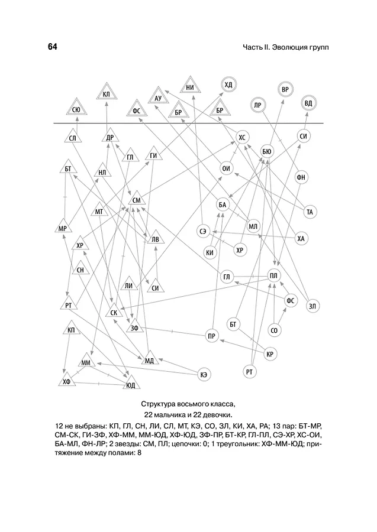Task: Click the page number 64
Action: pos(52,47)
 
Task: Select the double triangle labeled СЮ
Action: pos(77,108)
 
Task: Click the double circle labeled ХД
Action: pos(228,85)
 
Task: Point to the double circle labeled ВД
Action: pos(308,103)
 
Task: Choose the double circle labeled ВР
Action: pos(285,90)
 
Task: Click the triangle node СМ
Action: pos(136,199)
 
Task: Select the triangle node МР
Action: pos(63,226)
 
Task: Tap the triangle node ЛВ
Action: pos(155,238)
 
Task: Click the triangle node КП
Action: pos(71,329)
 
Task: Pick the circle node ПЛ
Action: pos(274,275)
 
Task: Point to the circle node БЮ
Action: pos(267,151)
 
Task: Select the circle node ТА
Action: pos(310,212)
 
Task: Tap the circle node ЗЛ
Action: pos(312,306)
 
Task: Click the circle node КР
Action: pos(270,354)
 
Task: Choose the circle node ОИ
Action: pos(226,168)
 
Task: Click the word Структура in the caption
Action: pos(157,404)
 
